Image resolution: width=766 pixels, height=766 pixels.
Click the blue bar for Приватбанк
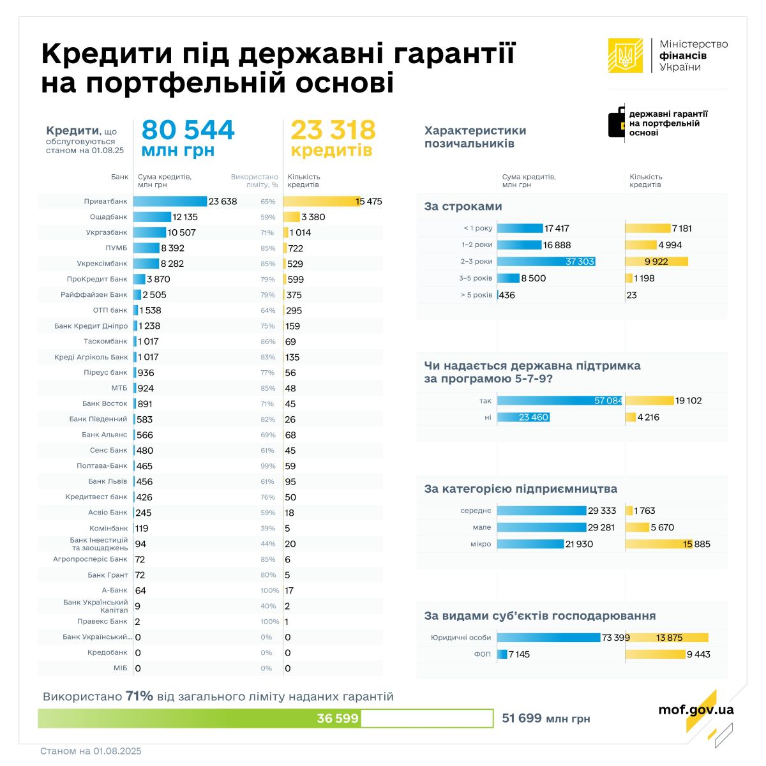coord(170,202)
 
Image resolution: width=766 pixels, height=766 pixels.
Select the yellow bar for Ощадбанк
coord(291,217)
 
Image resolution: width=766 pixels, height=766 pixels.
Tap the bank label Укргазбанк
coord(107,233)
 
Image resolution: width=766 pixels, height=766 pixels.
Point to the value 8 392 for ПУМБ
coord(172,248)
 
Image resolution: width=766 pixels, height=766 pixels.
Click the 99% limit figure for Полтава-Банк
coord(267,466)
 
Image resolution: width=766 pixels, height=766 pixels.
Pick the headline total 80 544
coord(188,130)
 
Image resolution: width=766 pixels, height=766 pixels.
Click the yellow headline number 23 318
coord(333,130)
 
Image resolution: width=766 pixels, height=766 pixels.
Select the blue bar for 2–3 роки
coord(546,262)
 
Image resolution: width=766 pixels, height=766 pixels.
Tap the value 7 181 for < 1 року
coord(681,229)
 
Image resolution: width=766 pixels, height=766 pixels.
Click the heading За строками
coord(463,206)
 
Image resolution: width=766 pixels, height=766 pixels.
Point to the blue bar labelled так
coord(559,401)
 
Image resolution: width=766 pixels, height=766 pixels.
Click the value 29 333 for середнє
coord(602,511)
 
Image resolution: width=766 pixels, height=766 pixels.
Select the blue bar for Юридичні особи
coord(549,638)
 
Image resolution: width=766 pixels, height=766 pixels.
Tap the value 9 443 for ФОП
coord(698,654)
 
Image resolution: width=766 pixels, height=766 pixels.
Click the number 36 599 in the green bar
coord(338,718)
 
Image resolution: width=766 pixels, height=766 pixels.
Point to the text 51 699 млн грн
coord(546,718)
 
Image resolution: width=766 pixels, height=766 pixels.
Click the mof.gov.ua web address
coord(696,710)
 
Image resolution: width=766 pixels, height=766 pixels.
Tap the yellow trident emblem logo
coord(626,56)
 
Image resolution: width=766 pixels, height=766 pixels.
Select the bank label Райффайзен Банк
coord(94,295)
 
